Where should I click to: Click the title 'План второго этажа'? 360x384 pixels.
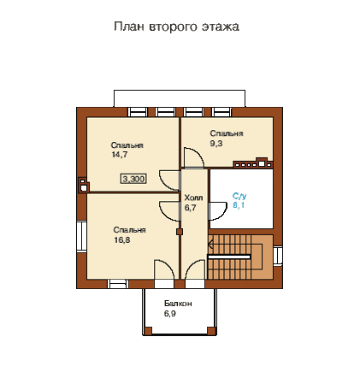coord(176,27)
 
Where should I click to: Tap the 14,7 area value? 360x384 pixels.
coord(120,155)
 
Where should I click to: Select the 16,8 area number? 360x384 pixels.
coord(122,240)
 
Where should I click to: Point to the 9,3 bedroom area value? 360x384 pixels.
coord(216,144)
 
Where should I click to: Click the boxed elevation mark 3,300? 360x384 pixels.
coord(133,179)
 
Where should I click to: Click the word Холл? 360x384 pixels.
coord(193,198)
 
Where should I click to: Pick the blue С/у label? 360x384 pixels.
coord(239,196)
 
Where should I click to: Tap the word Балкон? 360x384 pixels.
coord(178,304)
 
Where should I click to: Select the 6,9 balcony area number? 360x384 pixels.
coord(169,314)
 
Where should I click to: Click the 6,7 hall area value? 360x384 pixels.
coord(190,208)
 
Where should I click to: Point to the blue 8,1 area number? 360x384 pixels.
coord(239,205)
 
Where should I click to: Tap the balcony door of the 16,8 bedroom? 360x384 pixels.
coord(164,269)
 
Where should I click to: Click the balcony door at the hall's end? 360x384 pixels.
coord(195,269)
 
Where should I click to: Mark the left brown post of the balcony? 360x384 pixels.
coord(148,331)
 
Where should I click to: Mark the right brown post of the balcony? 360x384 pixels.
coord(211,331)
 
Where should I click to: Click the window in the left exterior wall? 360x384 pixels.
coord(81,236)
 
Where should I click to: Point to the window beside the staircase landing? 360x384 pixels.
coord(278,256)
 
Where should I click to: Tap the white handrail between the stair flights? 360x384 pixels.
coord(229,257)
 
